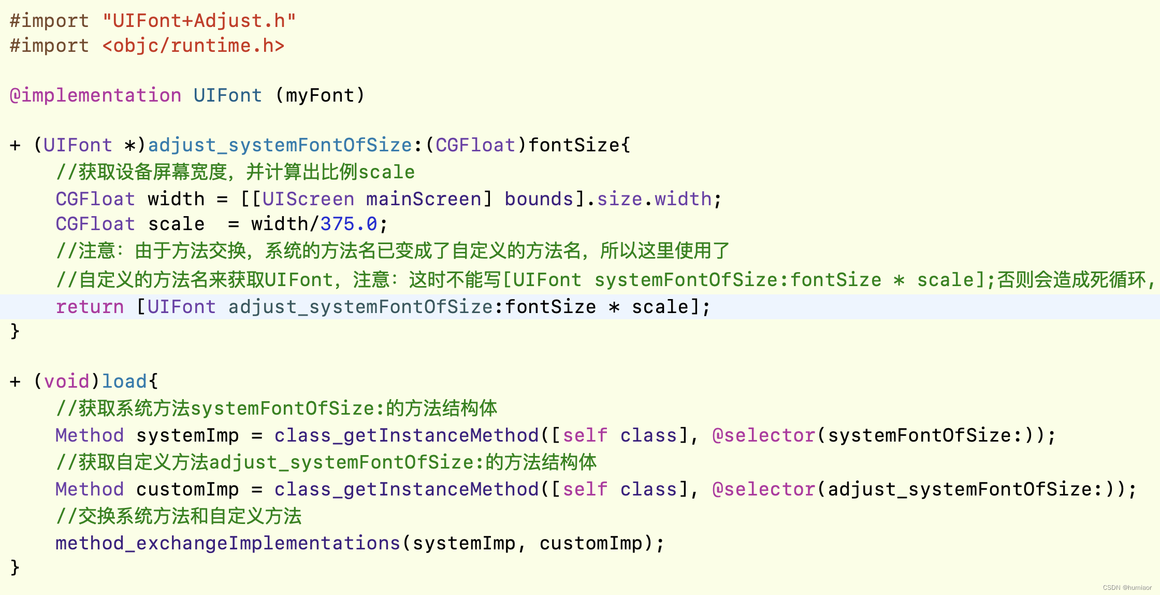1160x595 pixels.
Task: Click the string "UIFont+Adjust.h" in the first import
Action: (199, 21)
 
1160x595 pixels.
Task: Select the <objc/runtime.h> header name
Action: (193, 46)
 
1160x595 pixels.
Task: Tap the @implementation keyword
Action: (96, 95)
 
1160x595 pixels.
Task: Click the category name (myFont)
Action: (320, 95)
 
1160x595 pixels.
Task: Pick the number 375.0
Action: (349, 224)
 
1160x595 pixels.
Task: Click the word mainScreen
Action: (424, 199)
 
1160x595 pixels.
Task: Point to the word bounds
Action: (539, 199)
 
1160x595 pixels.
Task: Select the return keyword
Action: (90, 307)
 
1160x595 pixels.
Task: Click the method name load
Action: (124, 381)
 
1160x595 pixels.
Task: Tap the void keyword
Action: (66, 381)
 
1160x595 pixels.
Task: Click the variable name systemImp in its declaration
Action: (187, 435)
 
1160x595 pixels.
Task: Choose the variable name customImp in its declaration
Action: (187, 489)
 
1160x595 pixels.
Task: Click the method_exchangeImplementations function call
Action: (228, 543)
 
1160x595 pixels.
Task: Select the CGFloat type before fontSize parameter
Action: (475, 145)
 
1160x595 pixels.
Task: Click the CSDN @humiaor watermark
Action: (1127, 588)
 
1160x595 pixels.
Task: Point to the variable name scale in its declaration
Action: (176, 224)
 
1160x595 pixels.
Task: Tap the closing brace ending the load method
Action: (15, 567)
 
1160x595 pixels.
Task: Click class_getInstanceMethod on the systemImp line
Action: (407, 435)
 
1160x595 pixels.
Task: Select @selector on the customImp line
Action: (764, 489)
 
